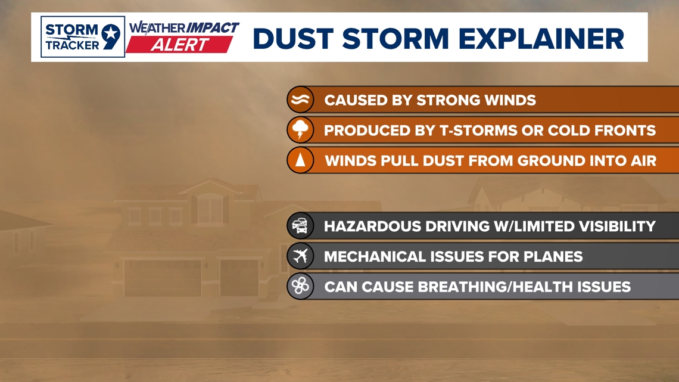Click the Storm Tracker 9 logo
[83, 37]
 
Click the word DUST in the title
[293, 39]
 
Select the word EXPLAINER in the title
[541, 39]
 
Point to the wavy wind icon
[300, 100]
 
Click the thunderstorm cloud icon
[300, 129]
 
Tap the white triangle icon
[300, 160]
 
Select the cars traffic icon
[300, 226]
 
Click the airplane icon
[300, 256]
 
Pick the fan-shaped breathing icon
[300, 286]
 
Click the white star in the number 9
[111, 33]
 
